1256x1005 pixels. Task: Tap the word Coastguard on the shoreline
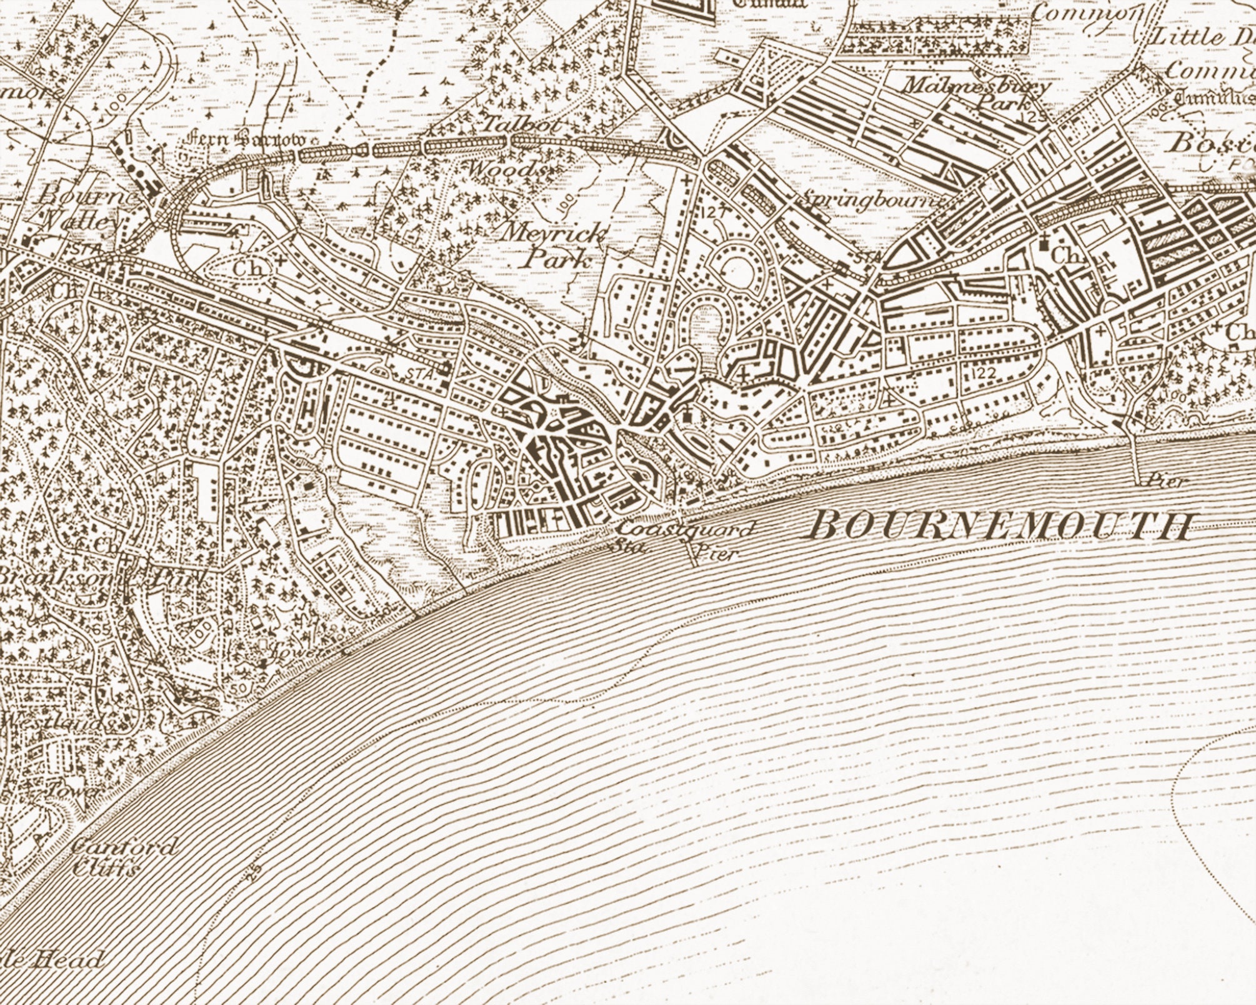(685, 529)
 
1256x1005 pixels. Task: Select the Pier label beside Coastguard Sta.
(713, 552)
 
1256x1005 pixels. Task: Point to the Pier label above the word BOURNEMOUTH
(1167, 482)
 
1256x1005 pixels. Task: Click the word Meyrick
(554, 234)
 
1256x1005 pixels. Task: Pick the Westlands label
(59, 722)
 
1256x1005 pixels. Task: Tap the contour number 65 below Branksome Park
(101, 629)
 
